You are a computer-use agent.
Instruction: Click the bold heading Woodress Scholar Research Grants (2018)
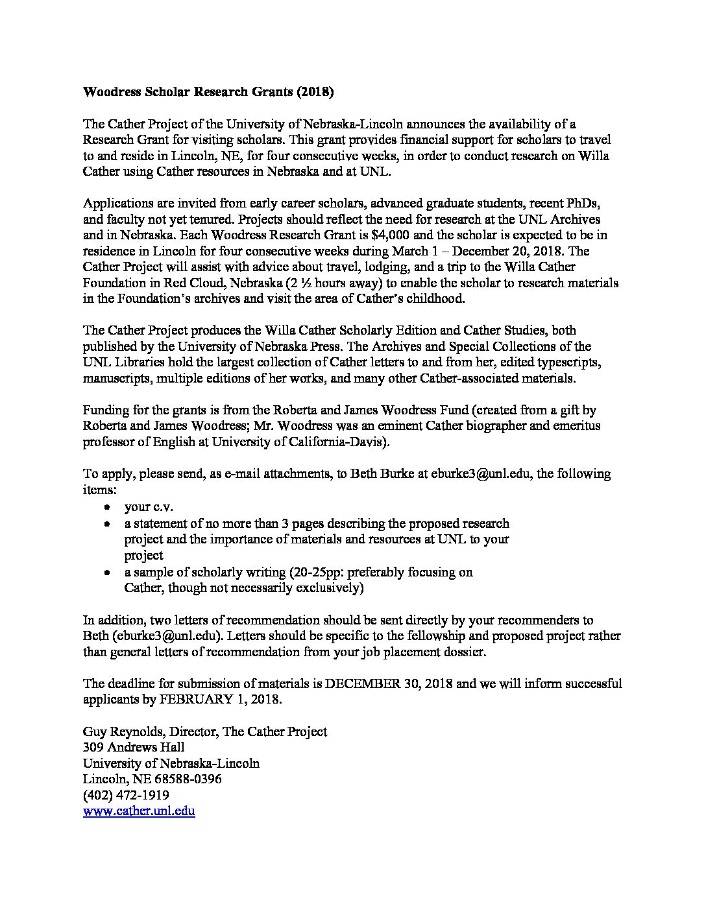[208, 92]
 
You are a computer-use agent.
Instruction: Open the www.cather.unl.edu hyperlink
[139, 811]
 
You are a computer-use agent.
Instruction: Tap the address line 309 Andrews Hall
[134, 747]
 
